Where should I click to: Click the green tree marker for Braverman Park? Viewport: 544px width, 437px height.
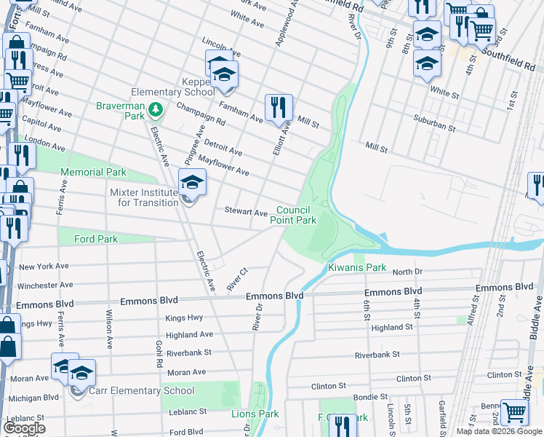pyautogui.click(x=154, y=110)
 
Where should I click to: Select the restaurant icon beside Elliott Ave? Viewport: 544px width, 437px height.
pyautogui.click(x=279, y=108)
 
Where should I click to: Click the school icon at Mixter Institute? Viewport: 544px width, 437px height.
pyautogui.click(x=193, y=183)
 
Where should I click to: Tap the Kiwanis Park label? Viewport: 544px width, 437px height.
pyautogui.click(x=356, y=267)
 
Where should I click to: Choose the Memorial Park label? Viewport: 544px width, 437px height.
pyautogui.click(x=93, y=173)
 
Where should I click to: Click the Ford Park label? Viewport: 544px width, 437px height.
pyautogui.click(x=97, y=239)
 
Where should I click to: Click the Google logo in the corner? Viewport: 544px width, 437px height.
pyautogui.click(x=24, y=428)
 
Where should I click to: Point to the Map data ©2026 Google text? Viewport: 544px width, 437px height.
pyautogui.click(x=499, y=431)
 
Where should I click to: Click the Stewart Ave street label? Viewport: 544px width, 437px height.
pyautogui.click(x=245, y=213)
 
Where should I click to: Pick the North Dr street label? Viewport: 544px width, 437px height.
pyautogui.click(x=407, y=272)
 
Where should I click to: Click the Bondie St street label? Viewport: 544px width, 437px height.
pyautogui.click(x=371, y=397)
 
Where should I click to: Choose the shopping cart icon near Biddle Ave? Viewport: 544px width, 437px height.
pyautogui.click(x=515, y=412)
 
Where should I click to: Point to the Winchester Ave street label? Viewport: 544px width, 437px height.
pyautogui.click(x=46, y=286)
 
